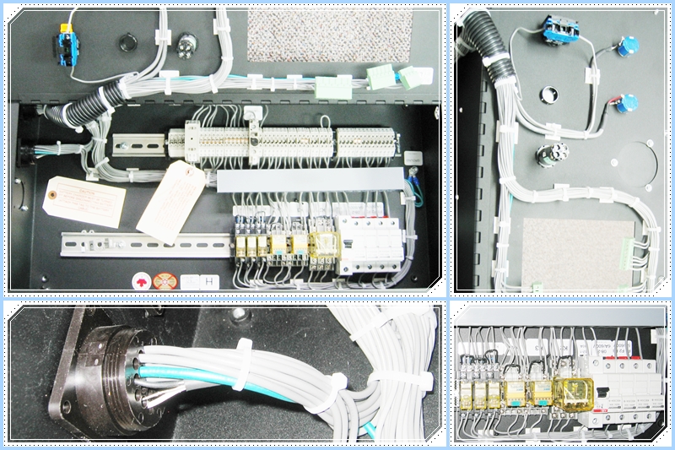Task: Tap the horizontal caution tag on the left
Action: pos(85,203)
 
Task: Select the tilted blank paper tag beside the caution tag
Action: pos(172,200)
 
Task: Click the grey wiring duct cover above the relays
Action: pos(307,180)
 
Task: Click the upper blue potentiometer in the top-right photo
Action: pos(625,47)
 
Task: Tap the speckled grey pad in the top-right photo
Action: pos(578,252)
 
